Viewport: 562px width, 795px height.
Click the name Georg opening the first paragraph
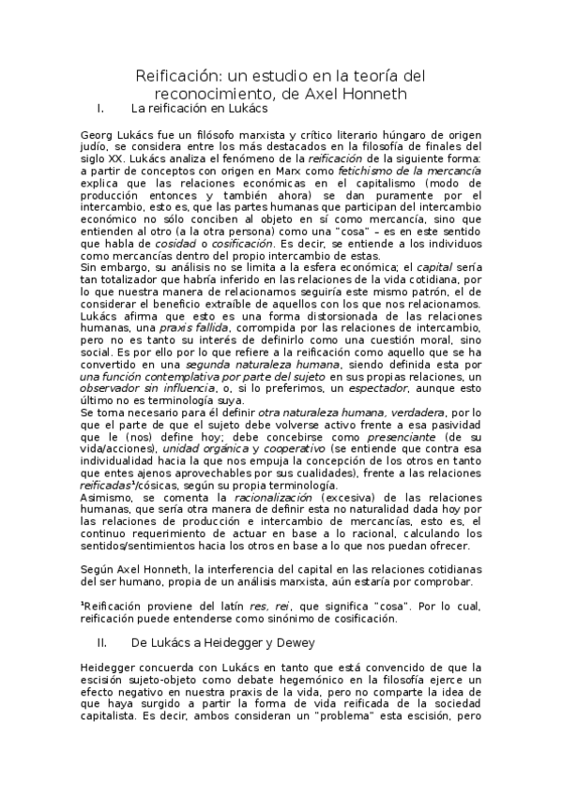pyautogui.click(x=99, y=135)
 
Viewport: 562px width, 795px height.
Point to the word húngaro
pyautogui.click(x=390, y=135)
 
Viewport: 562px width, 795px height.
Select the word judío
pyautogui.click(x=97, y=147)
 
